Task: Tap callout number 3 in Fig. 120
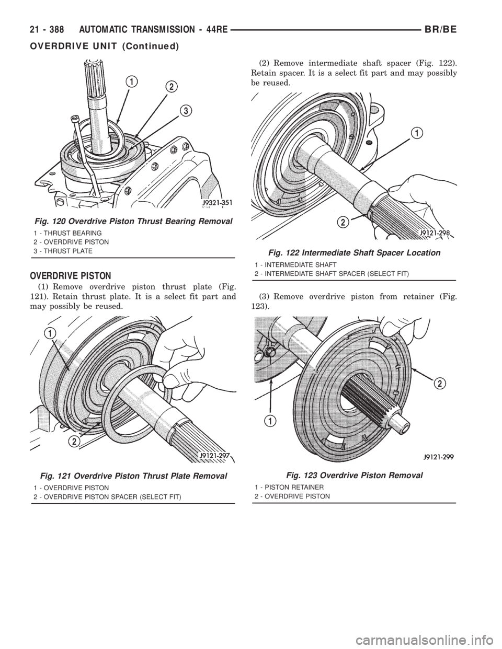185,111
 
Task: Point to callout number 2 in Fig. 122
344,222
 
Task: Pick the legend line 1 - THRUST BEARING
68,233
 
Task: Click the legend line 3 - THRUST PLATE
63,251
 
